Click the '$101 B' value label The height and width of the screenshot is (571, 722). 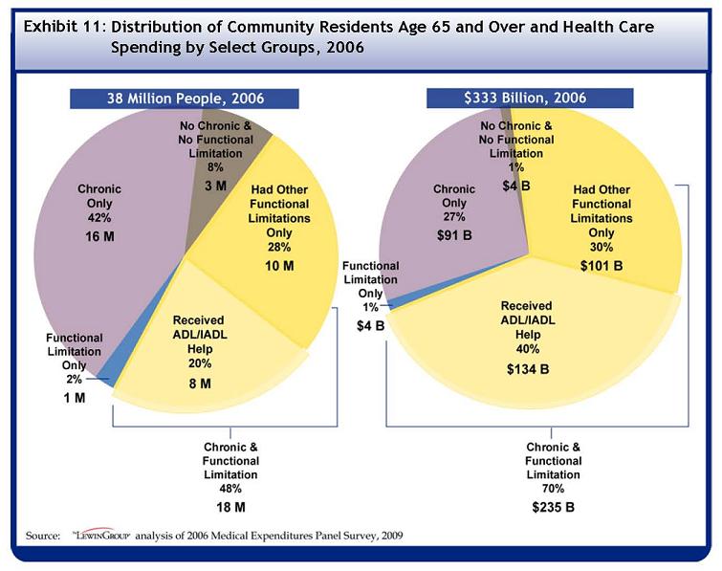pos(601,265)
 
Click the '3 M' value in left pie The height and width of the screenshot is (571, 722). pos(215,186)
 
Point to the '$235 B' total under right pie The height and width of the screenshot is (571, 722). pos(553,505)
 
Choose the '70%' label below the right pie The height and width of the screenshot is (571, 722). pos(553,488)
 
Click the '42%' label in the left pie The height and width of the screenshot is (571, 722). pos(99,217)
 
